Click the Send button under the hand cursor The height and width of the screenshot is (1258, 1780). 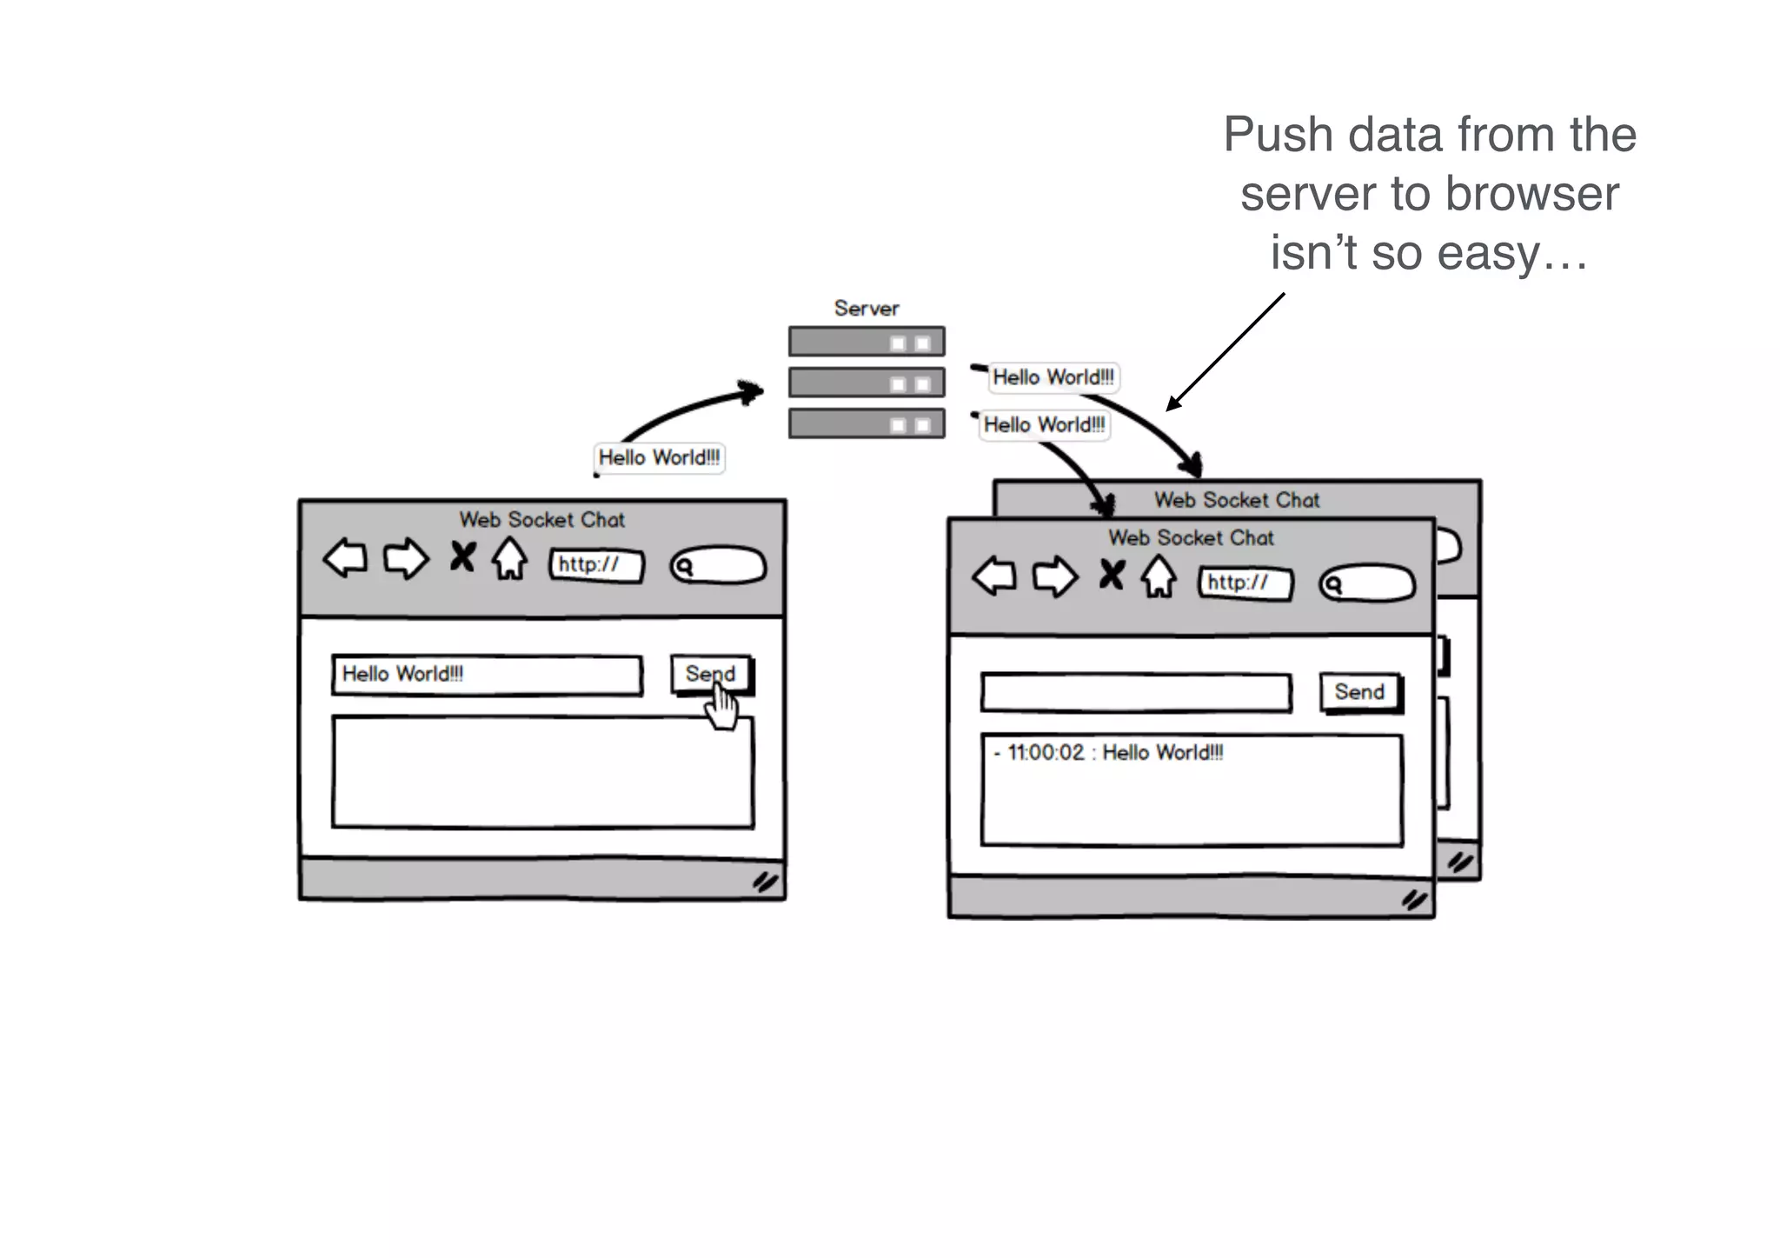(710, 674)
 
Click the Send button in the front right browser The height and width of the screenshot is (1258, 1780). (1359, 692)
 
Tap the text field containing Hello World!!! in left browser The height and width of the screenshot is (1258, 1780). (487, 675)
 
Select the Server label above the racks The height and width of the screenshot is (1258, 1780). (866, 309)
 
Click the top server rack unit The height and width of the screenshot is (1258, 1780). (866, 342)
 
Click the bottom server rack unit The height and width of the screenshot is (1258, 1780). (866, 423)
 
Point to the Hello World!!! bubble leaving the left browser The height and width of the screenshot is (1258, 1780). (659, 457)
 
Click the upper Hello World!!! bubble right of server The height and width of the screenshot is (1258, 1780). (1053, 377)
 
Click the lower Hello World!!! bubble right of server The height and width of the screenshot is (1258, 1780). (1044, 425)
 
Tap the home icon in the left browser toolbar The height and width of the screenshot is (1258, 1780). (510, 559)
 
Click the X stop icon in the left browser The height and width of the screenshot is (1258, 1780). (462, 556)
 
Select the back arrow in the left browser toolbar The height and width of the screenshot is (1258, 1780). (346, 557)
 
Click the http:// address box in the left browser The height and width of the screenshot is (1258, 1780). (596, 565)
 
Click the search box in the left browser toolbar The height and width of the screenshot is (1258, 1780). (718, 566)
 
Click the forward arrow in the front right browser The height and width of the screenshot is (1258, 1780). (1055, 576)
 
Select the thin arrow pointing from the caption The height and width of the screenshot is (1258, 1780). (1225, 351)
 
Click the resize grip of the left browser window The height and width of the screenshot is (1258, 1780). (765, 882)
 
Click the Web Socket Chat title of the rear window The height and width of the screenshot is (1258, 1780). (1236, 500)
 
